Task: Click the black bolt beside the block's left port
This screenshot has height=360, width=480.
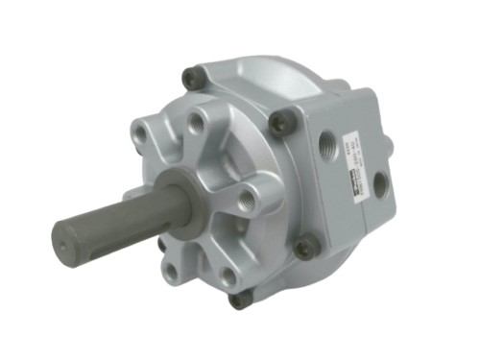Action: pos(281,123)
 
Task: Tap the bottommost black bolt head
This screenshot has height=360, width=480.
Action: pos(240,300)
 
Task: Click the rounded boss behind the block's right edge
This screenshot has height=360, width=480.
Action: pos(387,144)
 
